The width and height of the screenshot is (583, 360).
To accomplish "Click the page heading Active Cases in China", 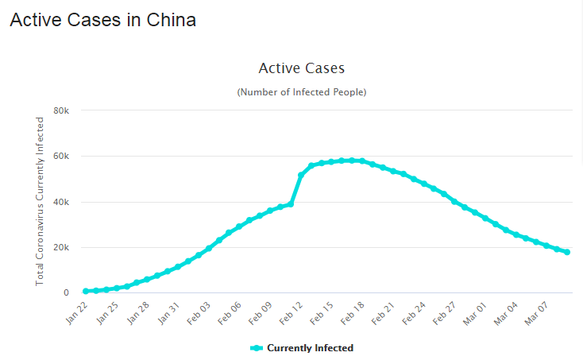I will coord(102,20).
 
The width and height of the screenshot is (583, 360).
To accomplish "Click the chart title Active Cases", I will coord(302,68).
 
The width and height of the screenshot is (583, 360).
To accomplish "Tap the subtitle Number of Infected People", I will coord(302,92).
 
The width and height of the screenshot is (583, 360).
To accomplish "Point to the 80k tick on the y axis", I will coord(62,110).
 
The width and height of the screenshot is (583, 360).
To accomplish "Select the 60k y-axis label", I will coord(62,156).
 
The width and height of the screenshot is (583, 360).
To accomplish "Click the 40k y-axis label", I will coord(62,202).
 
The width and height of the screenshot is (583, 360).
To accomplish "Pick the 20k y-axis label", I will coord(62,247).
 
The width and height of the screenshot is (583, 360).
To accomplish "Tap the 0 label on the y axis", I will coord(67,293).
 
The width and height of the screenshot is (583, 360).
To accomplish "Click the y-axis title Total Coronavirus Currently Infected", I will coord(40,201).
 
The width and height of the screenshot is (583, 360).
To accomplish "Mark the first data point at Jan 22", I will coord(86,292).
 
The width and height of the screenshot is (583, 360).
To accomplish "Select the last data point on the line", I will coord(567,252).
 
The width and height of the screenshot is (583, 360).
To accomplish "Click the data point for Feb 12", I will coord(301,175).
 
